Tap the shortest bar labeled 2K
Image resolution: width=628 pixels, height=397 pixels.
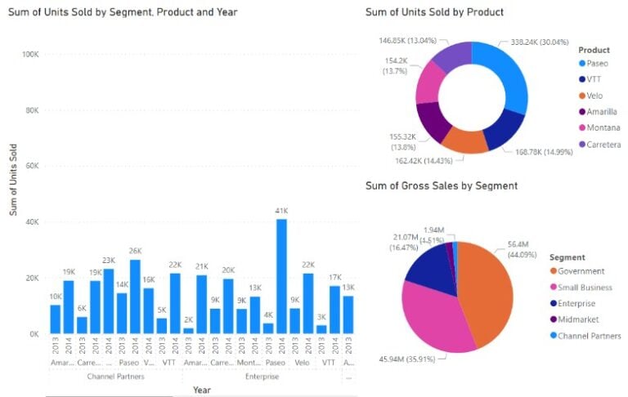pyautogui.click(x=188, y=331)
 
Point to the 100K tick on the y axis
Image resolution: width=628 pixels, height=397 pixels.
pyautogui.click(x=29, y=54)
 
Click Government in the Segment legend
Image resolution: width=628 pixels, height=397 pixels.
pyautogui.click(x=581, y=271)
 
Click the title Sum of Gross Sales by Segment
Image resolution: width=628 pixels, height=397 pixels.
pyautogui.click(x=441, y=186)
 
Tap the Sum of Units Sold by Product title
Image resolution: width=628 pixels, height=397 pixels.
pyautogui.click(x=433, y=12)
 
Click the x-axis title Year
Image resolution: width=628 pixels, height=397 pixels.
pyautogui.click(x=202, y=390)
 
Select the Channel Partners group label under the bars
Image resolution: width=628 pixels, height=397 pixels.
pyautogui.click(x=116, y=377)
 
